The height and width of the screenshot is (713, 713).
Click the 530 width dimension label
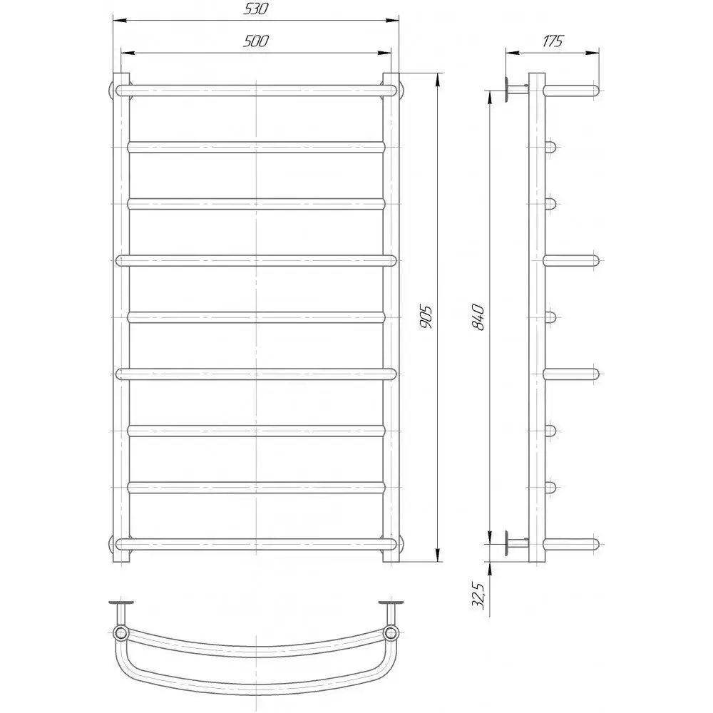click(256, 9)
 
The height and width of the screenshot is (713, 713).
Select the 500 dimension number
click(256, 41)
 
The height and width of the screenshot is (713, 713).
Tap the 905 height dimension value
click(426, 317)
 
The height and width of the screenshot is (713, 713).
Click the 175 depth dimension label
click(552, 41)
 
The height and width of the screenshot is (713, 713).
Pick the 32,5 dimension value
click(478, 595)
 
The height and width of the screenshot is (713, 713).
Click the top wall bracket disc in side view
click(506, 90)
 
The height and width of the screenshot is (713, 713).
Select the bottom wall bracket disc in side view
click(506, 543)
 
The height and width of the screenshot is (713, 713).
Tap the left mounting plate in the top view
click(121, 603)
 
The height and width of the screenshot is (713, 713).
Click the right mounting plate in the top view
click(391, 603)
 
